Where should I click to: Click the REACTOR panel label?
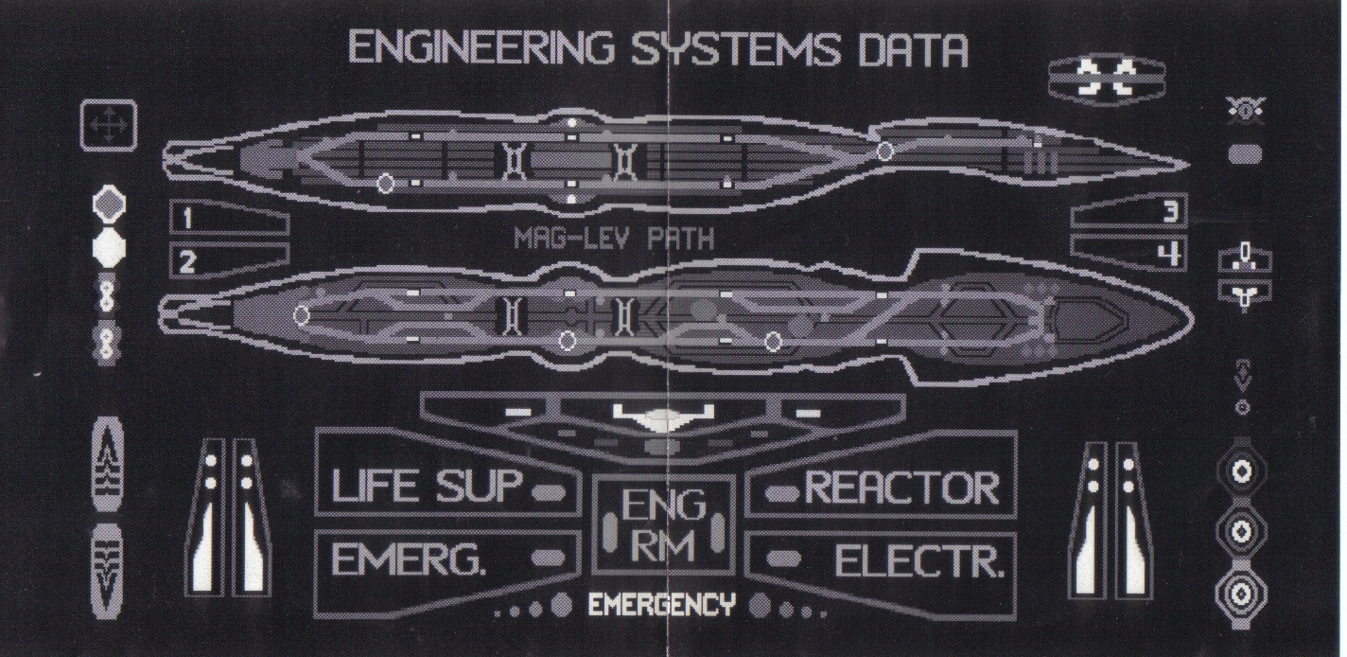(x=901, y=488)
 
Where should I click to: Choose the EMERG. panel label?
(x=410, y=560)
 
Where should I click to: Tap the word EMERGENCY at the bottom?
(x=661, y=605)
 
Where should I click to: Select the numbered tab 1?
(x=187, y=220)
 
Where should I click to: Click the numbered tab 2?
(x=187, y=261)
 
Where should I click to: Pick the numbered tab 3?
(x=1170, y=212)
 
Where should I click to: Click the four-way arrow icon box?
(x=109, y=126)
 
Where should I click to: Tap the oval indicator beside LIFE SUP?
(x=549, y=492)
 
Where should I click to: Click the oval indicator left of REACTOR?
(x=780, y=492)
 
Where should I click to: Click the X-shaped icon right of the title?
(x=1108, y=78)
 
